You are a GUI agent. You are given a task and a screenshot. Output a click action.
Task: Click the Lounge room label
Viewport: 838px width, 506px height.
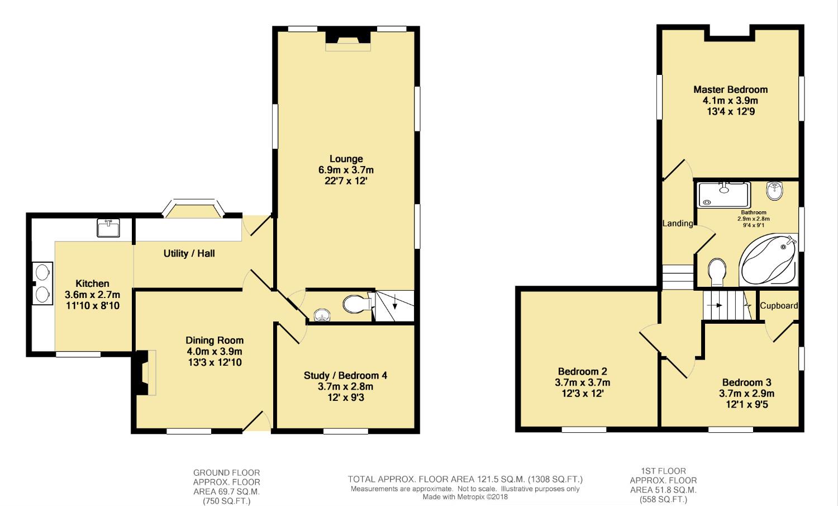[x=346, y=159]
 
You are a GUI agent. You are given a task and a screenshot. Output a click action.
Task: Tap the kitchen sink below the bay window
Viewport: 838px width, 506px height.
[x=108, y=228]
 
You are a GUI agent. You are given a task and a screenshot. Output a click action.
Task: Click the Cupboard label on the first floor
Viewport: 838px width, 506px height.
[x=779, y=305]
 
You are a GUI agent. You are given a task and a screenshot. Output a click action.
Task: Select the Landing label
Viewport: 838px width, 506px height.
[x=678, y=224]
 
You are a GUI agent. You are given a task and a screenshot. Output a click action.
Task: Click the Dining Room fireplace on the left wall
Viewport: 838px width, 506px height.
[x=143, y=373]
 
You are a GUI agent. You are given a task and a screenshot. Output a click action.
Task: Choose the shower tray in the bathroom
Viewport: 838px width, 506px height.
[x=724, y=194]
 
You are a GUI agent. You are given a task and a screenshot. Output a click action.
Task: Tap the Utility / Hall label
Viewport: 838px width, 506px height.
[x=189, y=253]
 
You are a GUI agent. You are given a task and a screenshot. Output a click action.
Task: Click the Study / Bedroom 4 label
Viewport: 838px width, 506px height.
[x=345, y=375]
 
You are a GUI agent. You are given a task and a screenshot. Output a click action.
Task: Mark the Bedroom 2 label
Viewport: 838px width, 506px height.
[x=582, y=371]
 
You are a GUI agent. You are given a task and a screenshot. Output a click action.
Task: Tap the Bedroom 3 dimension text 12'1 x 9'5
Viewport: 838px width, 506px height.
[x=746, y=404]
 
